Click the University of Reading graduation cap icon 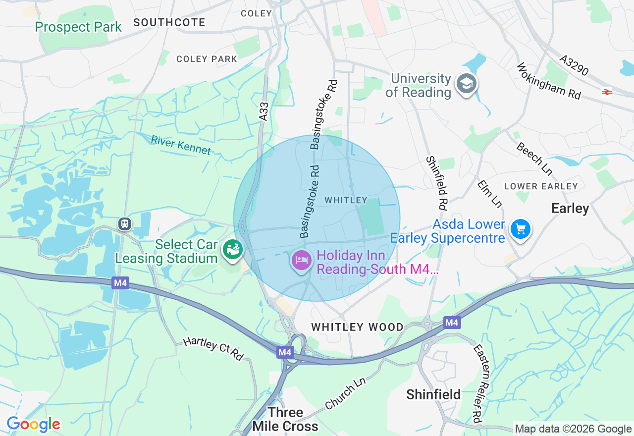tap(466, 84)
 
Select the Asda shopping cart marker tap(520, 229)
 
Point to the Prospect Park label tap(78, 27)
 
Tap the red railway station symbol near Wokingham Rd tap(607, 92)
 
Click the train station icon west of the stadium tap(125, 224)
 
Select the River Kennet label tap(181, 145)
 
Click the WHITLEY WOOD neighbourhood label tap(357, 327)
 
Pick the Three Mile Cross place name tap(285, 419)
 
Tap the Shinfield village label tap(433, 394)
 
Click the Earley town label tap(570, 209)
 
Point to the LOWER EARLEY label tap(541, 186)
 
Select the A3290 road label tap(574, 65)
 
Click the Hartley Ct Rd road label tap(213, 348)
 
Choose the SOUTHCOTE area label tap(169, 22)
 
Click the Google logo tap(33, 424)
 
